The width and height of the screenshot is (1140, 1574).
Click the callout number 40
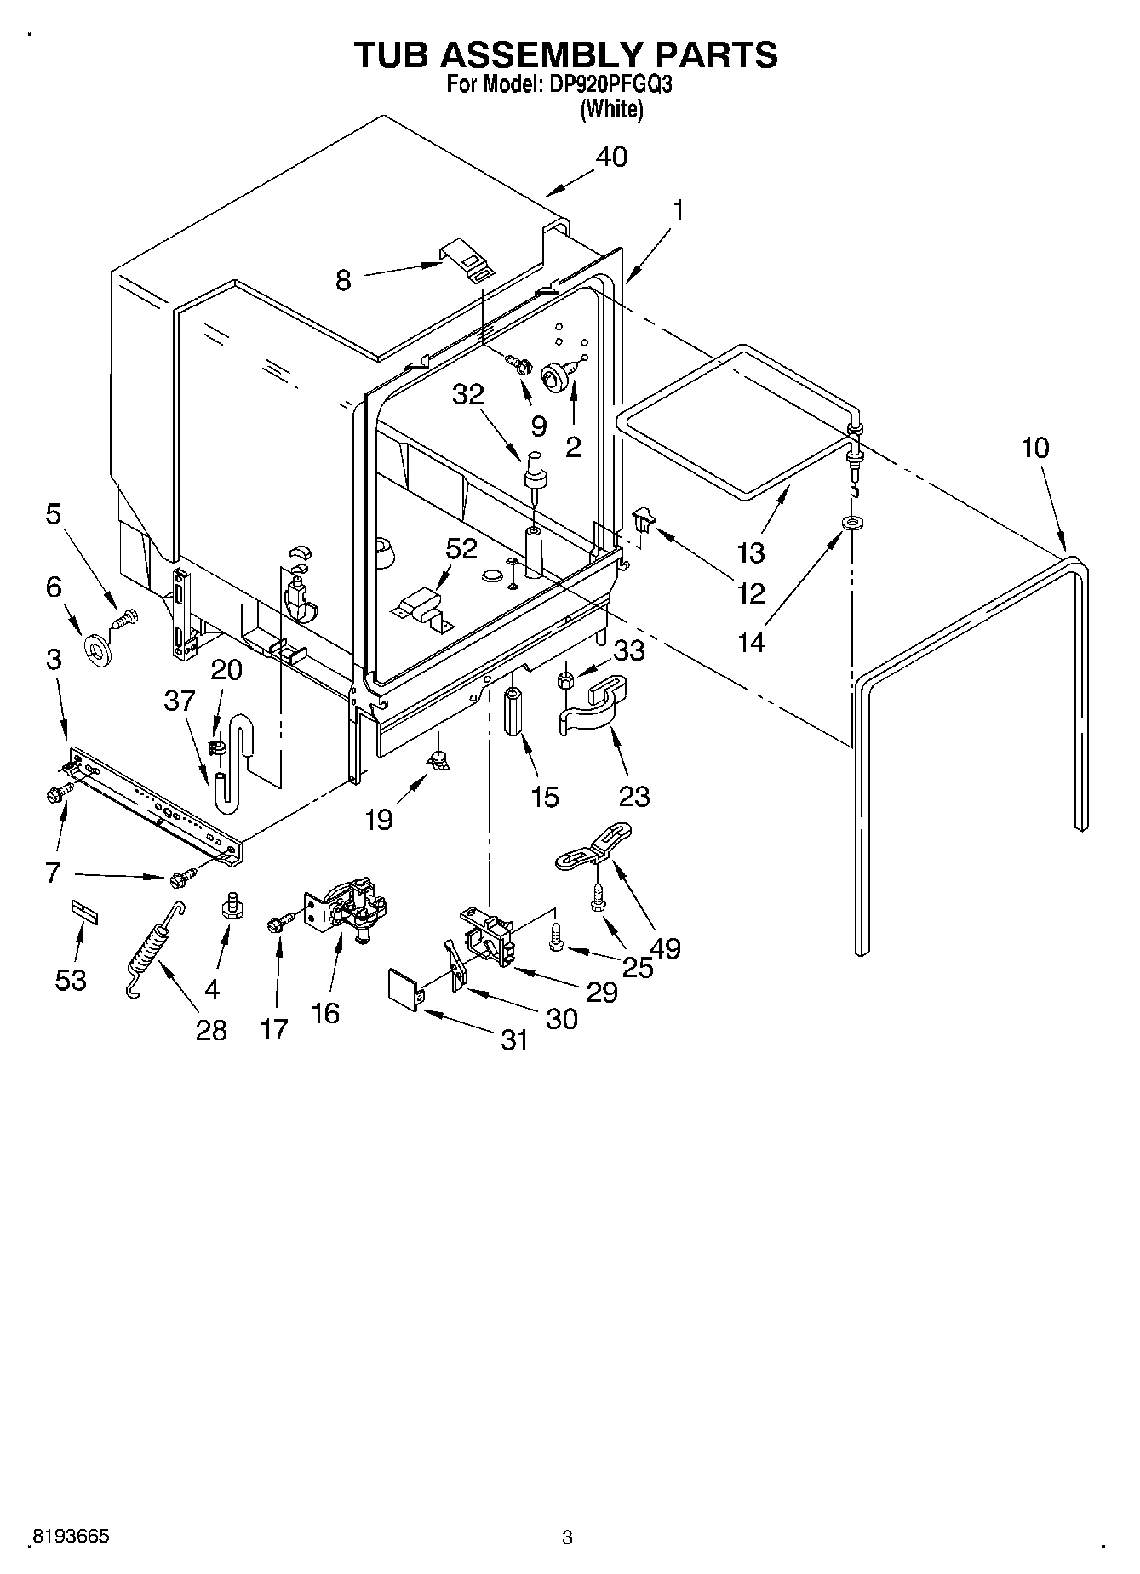pos(611,157)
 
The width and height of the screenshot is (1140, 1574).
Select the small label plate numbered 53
pos(83,913)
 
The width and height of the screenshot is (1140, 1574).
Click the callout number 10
pos(1035,447)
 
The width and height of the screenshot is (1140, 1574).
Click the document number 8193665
pos(71,1537)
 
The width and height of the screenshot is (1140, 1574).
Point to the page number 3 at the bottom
pos(567,1537)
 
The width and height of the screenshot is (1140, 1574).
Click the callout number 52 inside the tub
pos(461,549)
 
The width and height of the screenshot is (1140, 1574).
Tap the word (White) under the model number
pos(610,109)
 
